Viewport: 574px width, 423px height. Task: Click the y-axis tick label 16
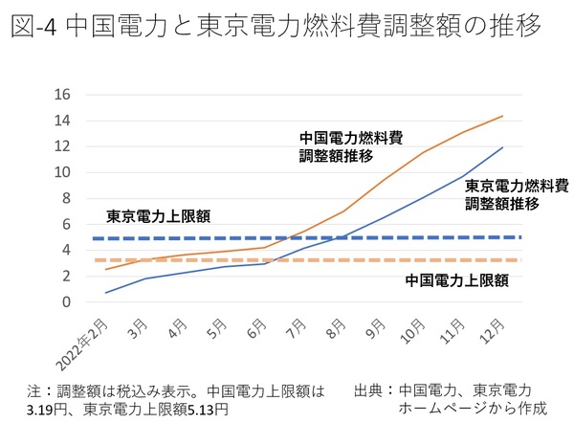point(63,95)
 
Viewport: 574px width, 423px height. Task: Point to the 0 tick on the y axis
point(67,302)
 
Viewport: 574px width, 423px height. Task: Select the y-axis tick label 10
point(63,172)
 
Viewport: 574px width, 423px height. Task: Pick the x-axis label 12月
point(490,331)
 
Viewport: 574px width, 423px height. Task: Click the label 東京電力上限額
point(144,216)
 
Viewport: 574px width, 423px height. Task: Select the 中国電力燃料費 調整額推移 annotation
point(338,146)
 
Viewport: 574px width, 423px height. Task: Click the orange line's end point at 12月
point(502,117)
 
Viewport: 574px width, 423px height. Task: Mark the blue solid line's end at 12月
point(502,147)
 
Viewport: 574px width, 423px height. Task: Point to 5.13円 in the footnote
point(201,409)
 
